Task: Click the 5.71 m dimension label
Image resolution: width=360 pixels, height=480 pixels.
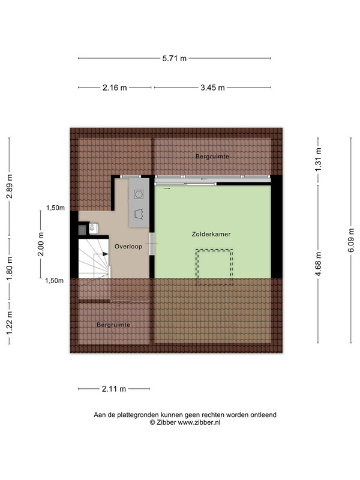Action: [x=175, y=58]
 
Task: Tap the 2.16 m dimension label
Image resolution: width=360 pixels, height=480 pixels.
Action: [x=115, y=88]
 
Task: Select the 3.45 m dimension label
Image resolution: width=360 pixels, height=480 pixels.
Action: [x=212, y=88]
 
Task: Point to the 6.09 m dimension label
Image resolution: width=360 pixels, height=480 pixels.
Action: [x=351, y=241]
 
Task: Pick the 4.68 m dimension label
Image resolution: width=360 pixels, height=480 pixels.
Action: [x=318, y=263]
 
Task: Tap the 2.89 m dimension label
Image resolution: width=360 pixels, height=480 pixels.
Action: [x=10, y=187]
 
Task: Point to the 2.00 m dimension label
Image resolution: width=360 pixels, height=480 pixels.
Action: [x=41, y=244]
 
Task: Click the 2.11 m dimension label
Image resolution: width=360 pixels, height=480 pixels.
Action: [x=114, y=389]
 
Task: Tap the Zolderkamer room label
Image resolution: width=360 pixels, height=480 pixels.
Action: [x=211, y=234]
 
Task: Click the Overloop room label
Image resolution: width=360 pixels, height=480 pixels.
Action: [x=128, y=247]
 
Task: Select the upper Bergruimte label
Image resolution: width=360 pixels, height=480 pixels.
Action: [x=212, y=157]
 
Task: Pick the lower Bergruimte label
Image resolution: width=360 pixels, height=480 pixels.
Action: [x=113, y=325]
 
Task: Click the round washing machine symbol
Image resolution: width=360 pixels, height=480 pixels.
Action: [x=139, y=194]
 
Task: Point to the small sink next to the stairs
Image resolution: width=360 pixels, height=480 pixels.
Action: [x=93, y=228]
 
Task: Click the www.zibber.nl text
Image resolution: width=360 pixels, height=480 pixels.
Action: [x=199, y=422]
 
